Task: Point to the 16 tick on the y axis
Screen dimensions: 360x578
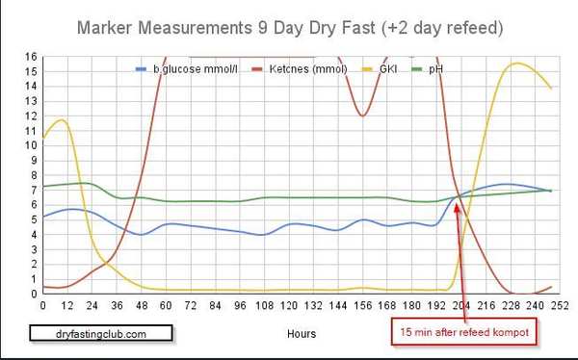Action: [31, 57]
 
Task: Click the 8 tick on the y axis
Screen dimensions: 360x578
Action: [33, 175]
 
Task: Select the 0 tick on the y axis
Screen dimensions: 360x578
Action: [33, 294]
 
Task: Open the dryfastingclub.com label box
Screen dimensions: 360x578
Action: [100, 333]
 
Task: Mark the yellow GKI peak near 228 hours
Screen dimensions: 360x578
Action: [517, 64]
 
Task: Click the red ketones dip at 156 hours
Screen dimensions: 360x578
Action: [362, 116]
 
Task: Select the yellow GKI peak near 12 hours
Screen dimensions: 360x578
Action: [63, 119]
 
